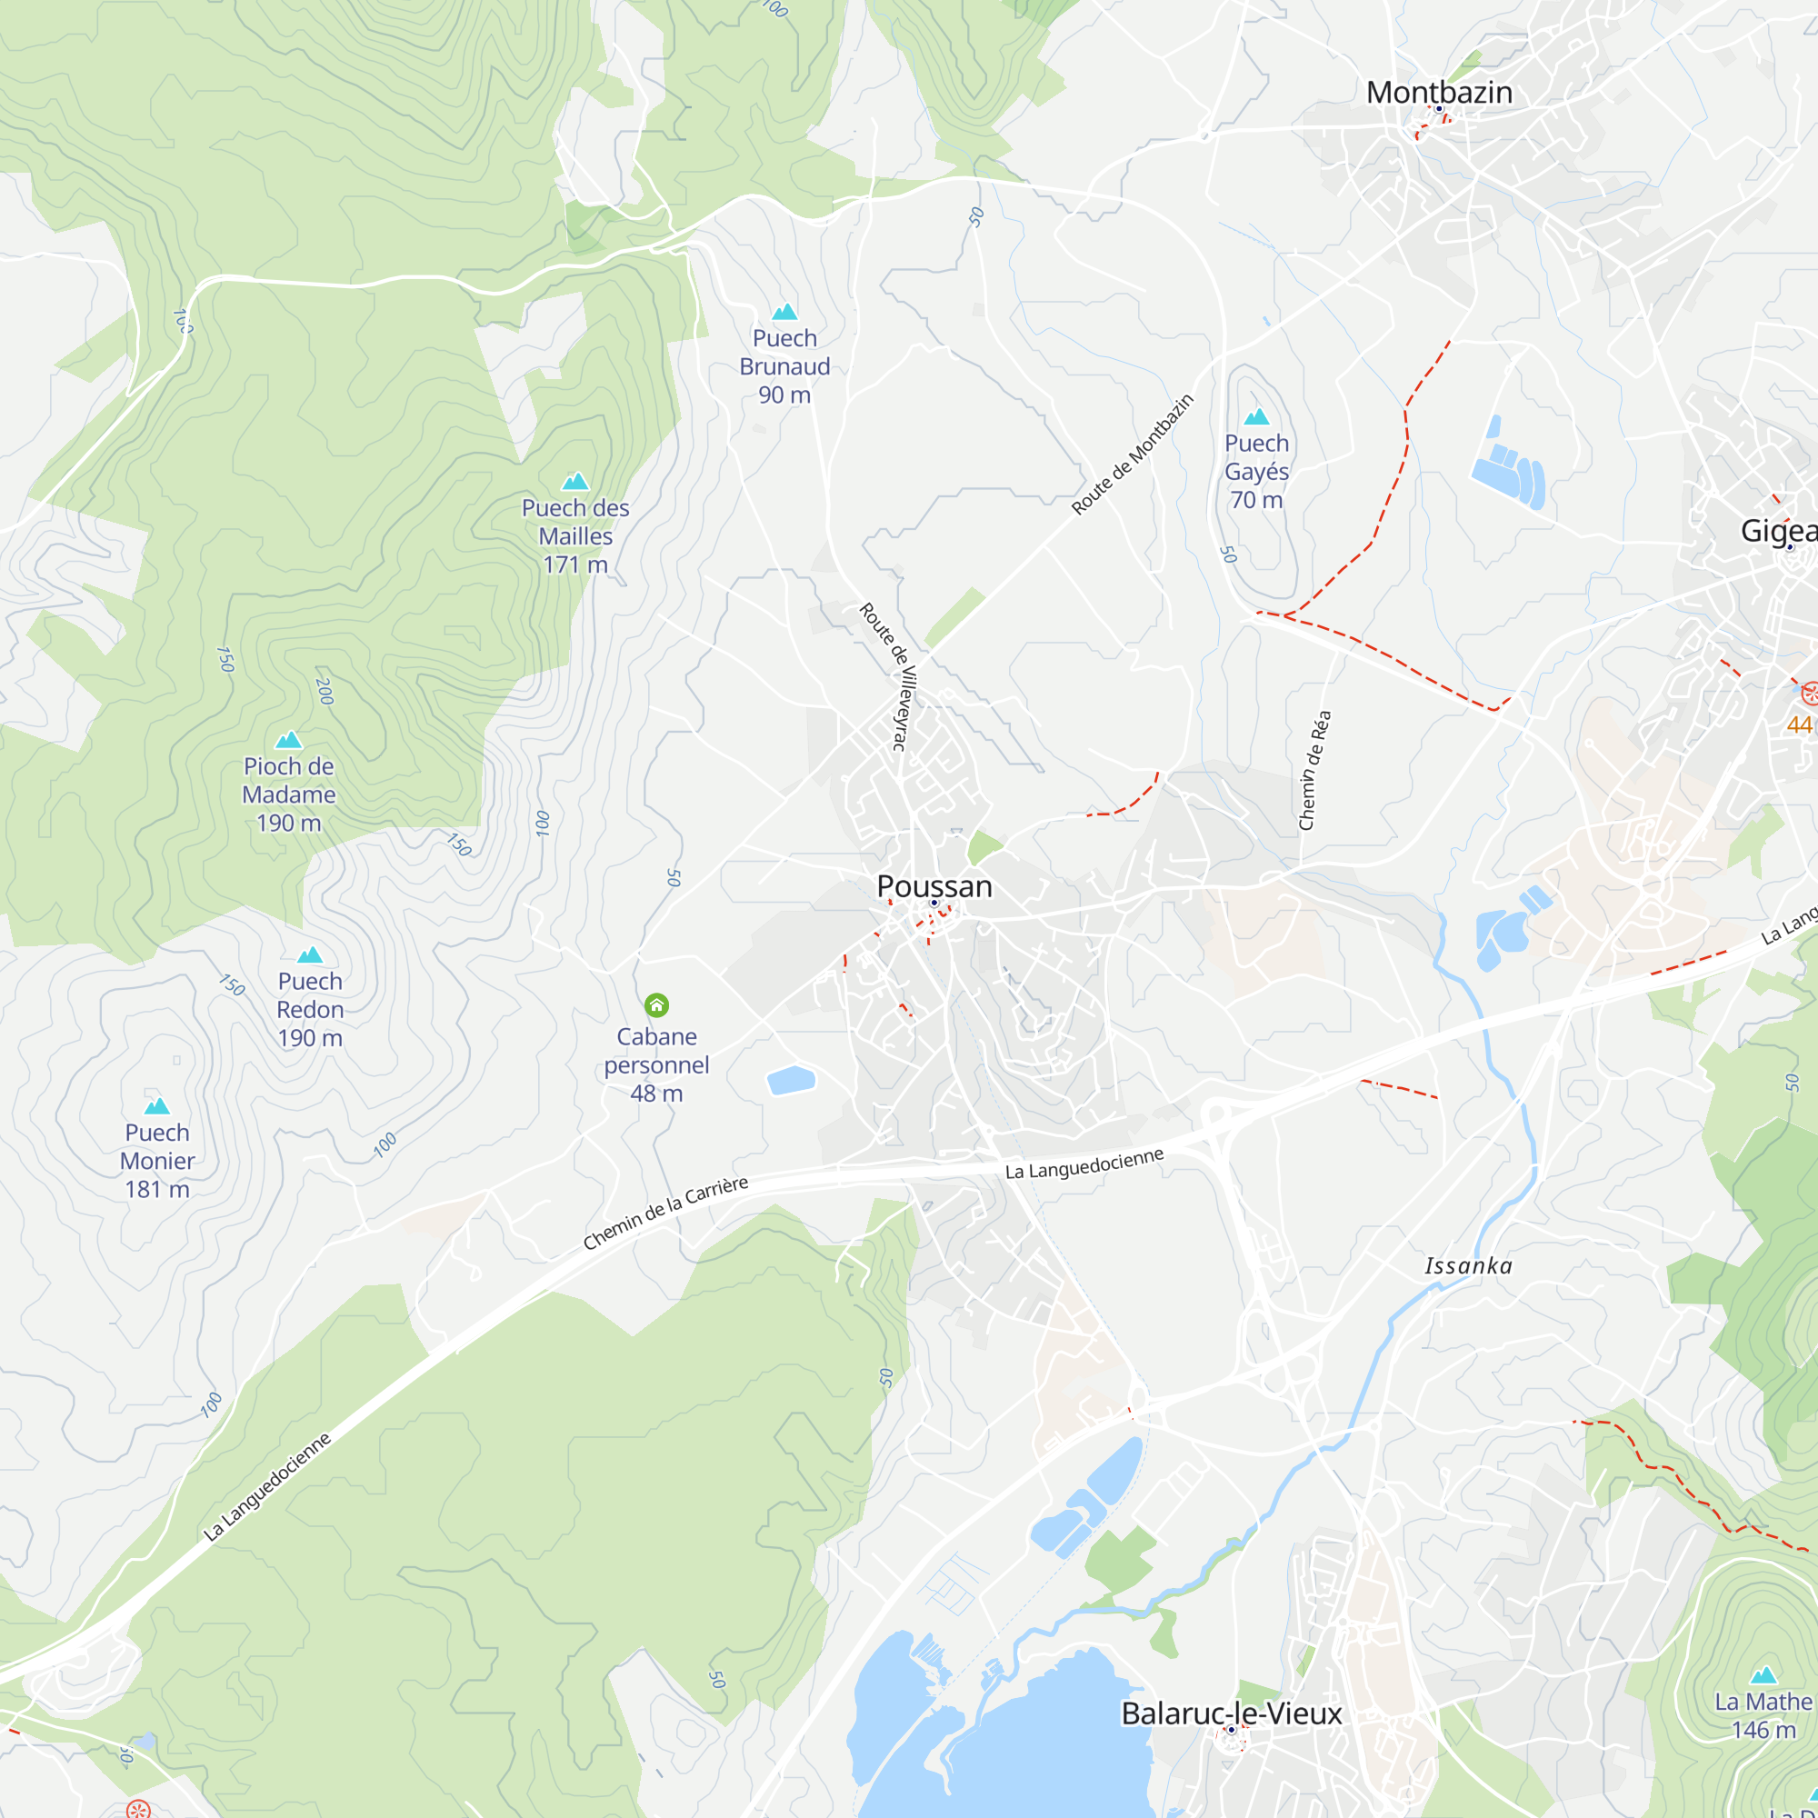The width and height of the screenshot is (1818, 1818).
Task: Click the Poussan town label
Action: (934, 886)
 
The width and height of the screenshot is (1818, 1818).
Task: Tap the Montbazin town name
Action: (1439, 92)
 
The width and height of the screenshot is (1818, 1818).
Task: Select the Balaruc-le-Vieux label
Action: (1231, 1713)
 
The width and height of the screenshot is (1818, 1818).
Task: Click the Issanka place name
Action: (1468, 1266)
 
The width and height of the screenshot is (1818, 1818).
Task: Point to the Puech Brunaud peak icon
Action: (784, 312)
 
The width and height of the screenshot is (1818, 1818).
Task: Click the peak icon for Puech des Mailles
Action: (575, 482)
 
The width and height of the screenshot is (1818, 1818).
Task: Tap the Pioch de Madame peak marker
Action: (289, 740)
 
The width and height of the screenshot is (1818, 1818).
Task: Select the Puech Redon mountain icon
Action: (310, 955)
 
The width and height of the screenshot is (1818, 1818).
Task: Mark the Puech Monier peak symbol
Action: (157, 1105)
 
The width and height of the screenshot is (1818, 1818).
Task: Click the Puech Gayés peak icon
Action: (1256, 417)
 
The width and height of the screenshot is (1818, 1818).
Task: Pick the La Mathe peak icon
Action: (1763, 1676)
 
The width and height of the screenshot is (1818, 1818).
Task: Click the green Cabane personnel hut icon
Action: (657, 1006)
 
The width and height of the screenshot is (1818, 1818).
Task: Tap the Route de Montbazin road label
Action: (1132, 454)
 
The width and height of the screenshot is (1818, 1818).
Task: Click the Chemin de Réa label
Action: (1314, 771)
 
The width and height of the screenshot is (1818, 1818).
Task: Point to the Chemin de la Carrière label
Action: (665, 1212)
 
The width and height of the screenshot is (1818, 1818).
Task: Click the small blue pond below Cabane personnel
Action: (791, 1080)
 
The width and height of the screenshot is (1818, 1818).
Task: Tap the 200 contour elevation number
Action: (325, 692)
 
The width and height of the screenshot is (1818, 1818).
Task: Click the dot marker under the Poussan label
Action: (934, 904)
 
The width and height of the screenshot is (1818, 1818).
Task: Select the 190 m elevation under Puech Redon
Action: (310, 1038)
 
